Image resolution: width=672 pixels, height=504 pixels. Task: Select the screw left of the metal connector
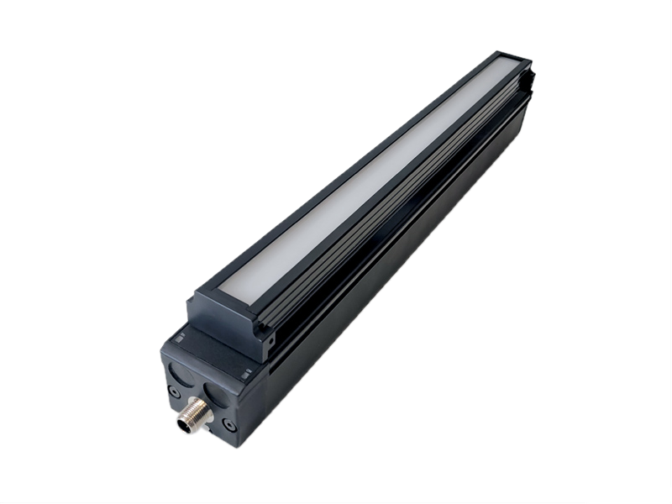point(174,391)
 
